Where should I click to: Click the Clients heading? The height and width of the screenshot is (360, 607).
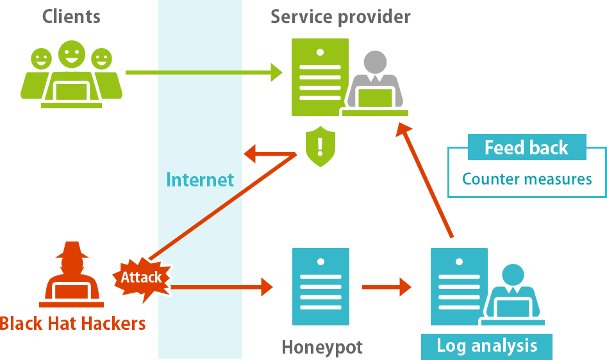(x=71, y=16)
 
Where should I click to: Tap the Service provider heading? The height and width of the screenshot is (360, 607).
(x=340, y=16)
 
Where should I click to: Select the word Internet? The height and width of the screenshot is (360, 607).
(x=200, y=180)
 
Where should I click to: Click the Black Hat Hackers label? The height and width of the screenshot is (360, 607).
(x=72, y=323)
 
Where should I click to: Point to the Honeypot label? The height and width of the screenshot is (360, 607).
(x=322, y=348)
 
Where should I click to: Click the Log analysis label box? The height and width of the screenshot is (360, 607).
(x=486, y=347)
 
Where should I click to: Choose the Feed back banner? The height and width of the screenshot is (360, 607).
(x=526, y=148)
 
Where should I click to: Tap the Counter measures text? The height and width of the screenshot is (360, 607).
(x=527, y=179)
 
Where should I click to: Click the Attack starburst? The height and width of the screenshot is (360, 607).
(x=142, y=277)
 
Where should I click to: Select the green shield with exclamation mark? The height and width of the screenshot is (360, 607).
(x=320, y=146)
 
